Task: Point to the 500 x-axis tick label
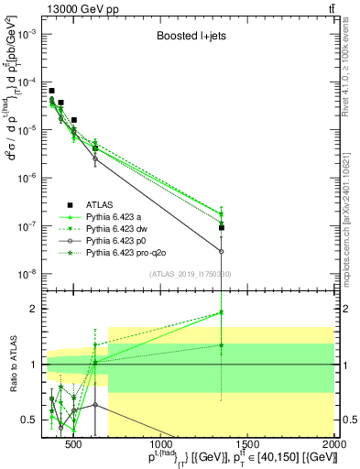[x=74, y=445]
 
